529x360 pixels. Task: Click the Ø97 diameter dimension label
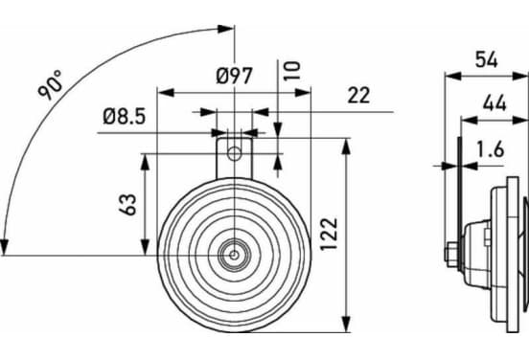(x=234, y=76)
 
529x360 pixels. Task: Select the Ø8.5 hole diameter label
(x=125, y=117)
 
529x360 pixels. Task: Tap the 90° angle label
(x=50, y=84)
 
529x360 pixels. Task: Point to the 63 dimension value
(x=127, y=205)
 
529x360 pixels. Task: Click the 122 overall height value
(x=329, y=234)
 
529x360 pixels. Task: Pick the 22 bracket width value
(x=358, y=96)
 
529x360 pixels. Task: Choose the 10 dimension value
(x=292, y=71)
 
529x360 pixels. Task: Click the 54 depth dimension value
(x=486, y=60)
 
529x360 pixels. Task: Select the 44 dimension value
(x=494, y=102)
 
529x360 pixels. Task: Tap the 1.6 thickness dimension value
(x=491, y=149)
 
